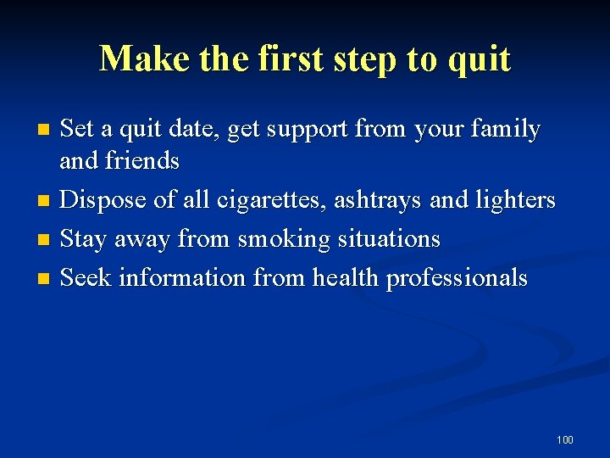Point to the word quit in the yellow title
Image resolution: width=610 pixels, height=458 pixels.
480,59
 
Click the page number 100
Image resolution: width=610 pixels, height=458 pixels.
565,439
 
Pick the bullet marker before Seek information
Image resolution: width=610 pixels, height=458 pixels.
45,279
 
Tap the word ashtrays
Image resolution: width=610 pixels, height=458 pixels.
379,200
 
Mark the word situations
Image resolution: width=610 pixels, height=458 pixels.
389,239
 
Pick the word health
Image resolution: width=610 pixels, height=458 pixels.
346,277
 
